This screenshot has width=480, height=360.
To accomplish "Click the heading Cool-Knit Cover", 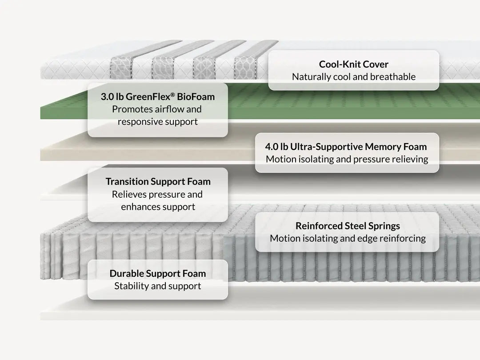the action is (x=354, y=64).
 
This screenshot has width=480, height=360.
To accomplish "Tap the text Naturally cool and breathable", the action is (x=354, y=77).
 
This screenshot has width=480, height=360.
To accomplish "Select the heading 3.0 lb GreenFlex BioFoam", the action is (x=158, y=97).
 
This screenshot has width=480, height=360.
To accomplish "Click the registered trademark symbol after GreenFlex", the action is (x=172, y=94).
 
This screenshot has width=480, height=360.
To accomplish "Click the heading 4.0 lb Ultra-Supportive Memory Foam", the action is (x=346, y=147).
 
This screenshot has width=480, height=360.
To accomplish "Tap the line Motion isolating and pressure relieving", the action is (x=347, y=159).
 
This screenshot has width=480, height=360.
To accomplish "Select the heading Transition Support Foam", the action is (x=158, y=181).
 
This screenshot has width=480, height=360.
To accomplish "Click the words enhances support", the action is (x=158, y=207).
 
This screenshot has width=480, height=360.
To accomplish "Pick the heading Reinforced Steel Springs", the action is (x=348, y=226).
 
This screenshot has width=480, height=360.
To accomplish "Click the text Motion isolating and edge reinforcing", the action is (x=348, y=239).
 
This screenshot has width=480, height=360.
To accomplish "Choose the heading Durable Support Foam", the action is (x=158, y=273).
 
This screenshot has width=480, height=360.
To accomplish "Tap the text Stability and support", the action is (x=158, y=286).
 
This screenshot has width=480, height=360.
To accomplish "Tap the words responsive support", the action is (x=158, y=122).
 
